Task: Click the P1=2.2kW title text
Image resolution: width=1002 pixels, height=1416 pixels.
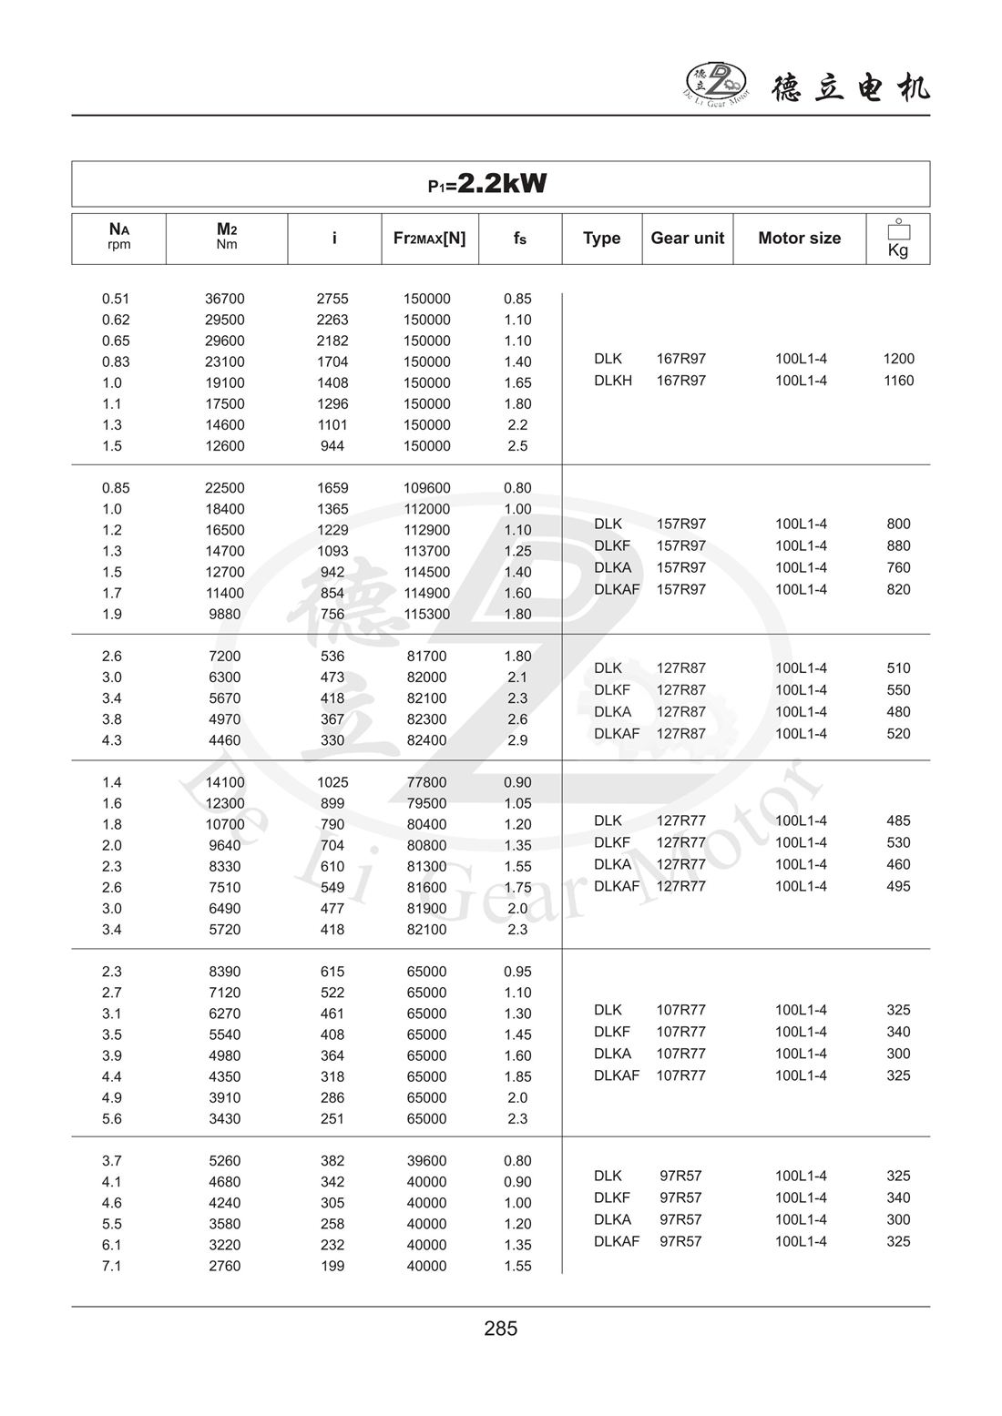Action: coord(488,184)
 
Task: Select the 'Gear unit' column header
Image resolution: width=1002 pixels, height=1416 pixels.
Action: coord(687,239)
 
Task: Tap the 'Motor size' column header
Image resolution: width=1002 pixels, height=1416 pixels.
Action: coord(799,239)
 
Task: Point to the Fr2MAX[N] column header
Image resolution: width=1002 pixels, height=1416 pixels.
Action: coord(429,239)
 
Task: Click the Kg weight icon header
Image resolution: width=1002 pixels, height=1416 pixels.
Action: coord(898,239)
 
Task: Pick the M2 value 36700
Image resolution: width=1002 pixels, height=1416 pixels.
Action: coord(225,299)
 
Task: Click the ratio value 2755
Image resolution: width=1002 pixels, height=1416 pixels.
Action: coord(332,299)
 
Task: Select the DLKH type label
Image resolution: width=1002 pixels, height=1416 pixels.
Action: coord(613,381)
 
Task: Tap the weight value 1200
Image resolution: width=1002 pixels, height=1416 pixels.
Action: coord(898,359)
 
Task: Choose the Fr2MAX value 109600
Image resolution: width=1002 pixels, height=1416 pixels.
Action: coord(427,488)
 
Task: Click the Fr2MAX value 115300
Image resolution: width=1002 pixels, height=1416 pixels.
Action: coord(427,614)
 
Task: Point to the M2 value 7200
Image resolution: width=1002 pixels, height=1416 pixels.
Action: coord(225,657)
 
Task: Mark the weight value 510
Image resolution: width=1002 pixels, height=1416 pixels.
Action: coord(898,668)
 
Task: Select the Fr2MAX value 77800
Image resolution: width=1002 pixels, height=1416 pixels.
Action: coord(427,782)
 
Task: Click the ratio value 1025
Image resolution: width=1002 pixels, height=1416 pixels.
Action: coord(332,782)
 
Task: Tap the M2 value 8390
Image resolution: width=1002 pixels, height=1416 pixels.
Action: coord(225,972)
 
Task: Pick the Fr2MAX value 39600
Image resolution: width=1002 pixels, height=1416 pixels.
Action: coord(427,1161)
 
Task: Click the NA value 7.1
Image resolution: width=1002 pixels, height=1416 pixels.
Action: coord(112,1266)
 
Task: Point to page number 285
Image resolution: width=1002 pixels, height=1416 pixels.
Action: coord(501,1329)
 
